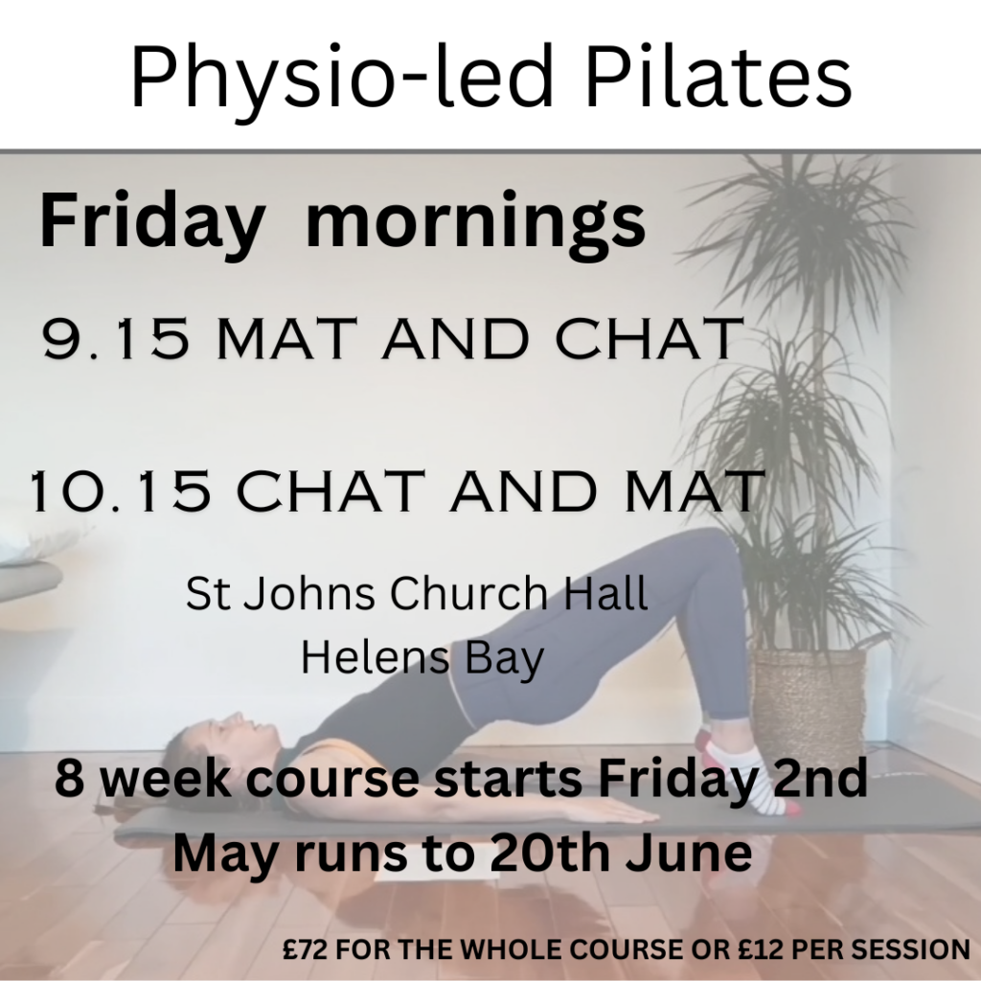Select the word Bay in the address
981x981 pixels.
[506, 661]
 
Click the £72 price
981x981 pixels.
[306, 949]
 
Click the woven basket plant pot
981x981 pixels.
[809, 699]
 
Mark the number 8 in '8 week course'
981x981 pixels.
[69, 778]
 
